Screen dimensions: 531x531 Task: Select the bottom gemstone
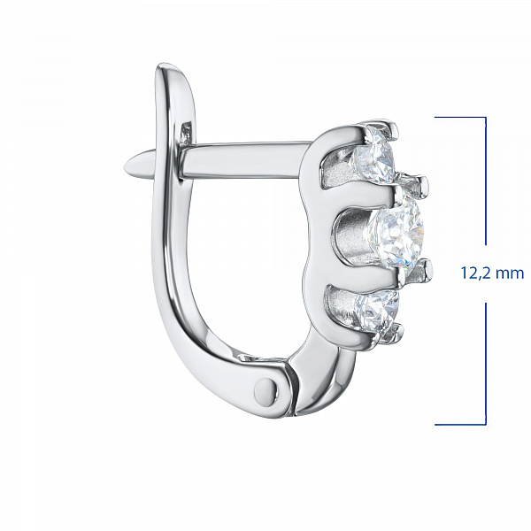377,312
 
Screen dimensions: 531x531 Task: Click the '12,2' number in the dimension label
475,273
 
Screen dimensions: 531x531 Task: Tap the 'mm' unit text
509,273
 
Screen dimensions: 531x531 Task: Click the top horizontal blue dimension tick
460,118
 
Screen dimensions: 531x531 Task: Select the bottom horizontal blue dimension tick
460,424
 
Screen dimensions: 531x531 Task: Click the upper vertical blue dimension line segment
486,181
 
